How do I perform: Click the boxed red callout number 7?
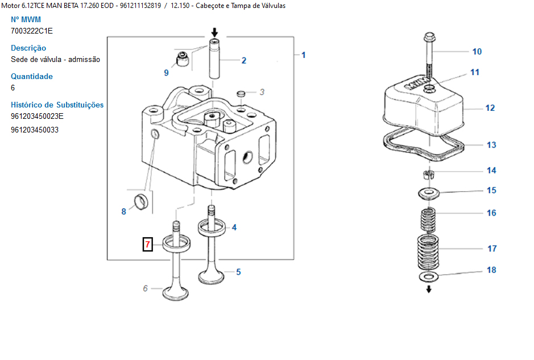click(147, 244)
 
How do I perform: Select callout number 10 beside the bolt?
click(477, 51)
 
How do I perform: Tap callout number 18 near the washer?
click(491, 270)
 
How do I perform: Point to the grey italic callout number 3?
click(262, 92)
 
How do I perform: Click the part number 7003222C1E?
click(32, 31)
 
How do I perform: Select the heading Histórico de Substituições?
click(57, 105)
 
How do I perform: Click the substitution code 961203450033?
click(35, 130)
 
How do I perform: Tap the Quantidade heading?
click(32, 76)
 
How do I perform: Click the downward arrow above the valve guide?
click(214, 32)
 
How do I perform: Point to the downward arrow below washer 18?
click(429, 289)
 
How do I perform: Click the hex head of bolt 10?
click(429, 37)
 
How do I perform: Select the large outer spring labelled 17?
click(428, 252)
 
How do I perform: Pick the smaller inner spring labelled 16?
click(428, 220)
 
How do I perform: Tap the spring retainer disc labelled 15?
click(429, 193)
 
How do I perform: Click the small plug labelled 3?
click(241, 93)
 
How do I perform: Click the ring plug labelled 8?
click(141, 202)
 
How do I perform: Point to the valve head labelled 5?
click(211, 276)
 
